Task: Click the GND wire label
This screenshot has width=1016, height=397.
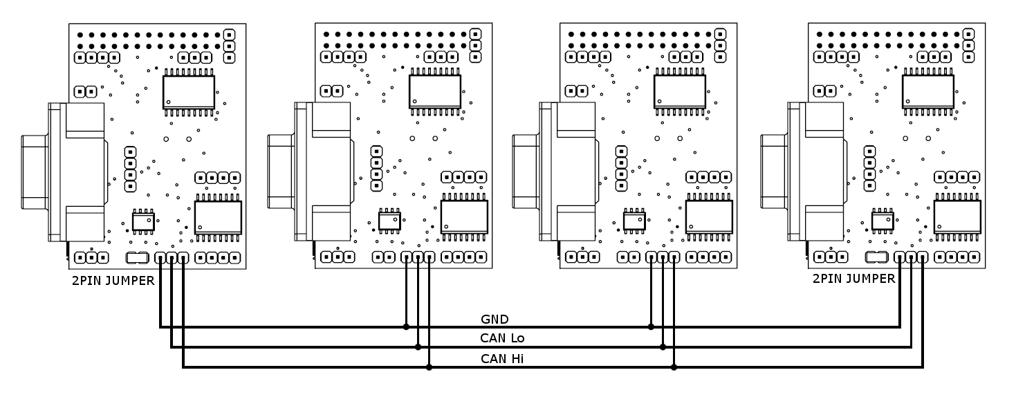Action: (495, 320)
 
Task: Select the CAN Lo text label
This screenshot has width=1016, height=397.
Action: (503, 339)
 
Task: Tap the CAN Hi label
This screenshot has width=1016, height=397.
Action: (501, 359)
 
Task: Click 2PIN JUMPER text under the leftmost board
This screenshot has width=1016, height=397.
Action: (113, 280)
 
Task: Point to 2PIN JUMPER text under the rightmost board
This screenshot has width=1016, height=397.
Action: (853, 279)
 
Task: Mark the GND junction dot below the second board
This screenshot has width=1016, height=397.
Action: (406, 326)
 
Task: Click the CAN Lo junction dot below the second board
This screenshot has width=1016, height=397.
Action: (418, 347)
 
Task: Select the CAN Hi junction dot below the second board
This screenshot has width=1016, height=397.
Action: (430, 367)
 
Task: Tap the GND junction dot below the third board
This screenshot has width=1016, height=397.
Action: (651, 326)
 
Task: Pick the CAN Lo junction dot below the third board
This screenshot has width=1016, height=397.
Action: (663, 347)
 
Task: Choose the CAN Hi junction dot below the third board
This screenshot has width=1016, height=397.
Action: (674, 367)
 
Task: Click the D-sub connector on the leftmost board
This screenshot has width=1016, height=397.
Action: (62, 172)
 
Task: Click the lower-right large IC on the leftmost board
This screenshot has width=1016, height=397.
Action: (218, 216)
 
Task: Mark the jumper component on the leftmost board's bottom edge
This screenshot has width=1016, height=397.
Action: (137, 257)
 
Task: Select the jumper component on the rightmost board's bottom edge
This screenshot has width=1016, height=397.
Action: (876, 257)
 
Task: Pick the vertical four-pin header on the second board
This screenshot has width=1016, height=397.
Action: (376, 168)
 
